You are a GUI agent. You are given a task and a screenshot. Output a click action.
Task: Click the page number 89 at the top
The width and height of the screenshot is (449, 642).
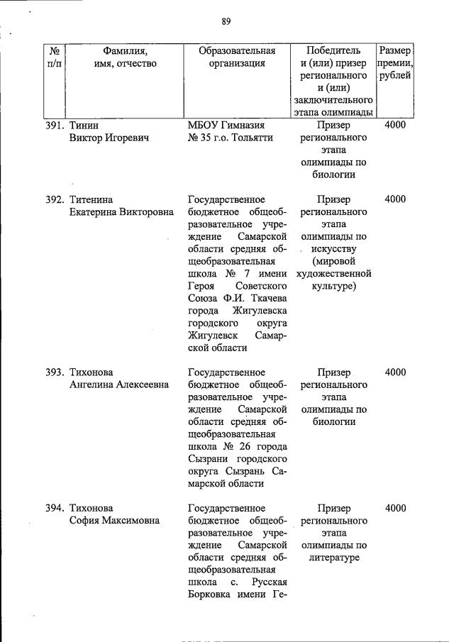click(x=226, y=21)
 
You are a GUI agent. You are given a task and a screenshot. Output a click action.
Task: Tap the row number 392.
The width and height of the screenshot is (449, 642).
click(x=55, y=199)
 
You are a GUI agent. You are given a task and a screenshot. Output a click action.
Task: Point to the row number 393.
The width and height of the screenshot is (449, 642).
click(x=55, y=372)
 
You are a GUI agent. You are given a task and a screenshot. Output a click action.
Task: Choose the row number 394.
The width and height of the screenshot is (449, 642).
click(x=55, y=508)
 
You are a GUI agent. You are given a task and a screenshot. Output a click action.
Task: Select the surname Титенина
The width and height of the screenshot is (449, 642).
click(x=92, y=199)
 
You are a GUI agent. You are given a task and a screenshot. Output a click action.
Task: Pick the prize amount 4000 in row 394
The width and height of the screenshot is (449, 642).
click(x=395, y=508)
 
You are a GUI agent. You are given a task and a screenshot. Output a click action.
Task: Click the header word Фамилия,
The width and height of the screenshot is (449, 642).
click(x=125, y=51)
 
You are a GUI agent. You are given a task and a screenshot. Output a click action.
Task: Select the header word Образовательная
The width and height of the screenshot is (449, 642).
click(x=237, y=51)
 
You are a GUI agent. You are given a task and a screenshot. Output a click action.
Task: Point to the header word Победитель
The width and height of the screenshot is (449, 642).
click(x=333, y=51)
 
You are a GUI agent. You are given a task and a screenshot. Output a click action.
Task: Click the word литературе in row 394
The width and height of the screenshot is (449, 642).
click(x=333, y=558)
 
